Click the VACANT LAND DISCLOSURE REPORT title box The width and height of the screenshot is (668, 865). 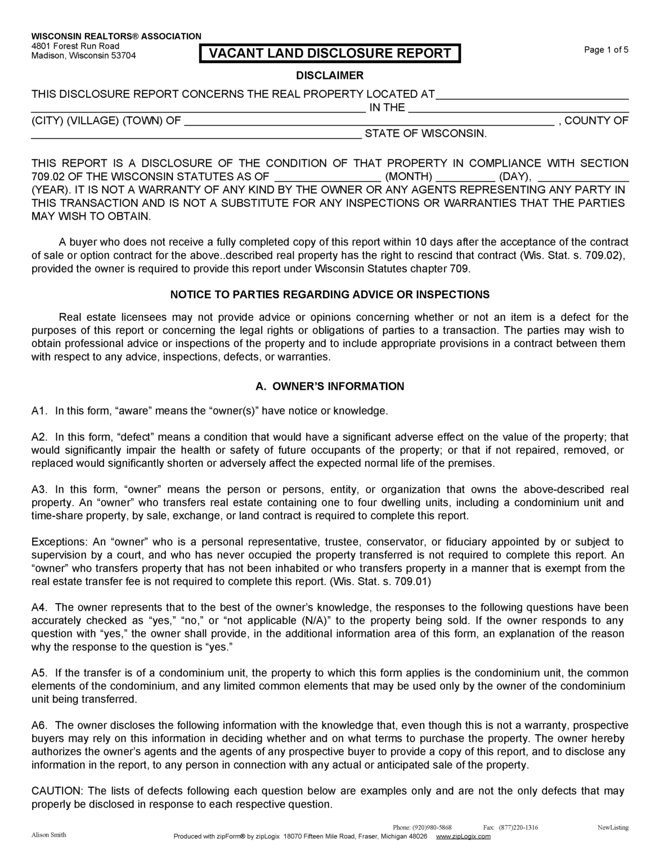tap(330, 53)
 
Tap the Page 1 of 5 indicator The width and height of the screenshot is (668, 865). tap(606, 50)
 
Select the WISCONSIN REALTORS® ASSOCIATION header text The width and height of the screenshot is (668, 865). tap(116, 36)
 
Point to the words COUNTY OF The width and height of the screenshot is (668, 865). tap(596, 121)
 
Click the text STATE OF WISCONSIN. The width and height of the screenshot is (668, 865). tap(425, 134)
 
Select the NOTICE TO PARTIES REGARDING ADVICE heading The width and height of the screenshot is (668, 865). tap(330, 295)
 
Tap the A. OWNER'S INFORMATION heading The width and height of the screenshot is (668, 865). tap(330, 386)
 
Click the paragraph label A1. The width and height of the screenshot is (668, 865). tap(38, 411)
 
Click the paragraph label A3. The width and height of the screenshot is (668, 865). tap(38, 489)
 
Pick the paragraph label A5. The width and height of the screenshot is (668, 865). tap(38, 673)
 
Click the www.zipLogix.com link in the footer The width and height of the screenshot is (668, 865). tap(463, 836)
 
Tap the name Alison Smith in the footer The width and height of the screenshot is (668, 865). tap(48, 835)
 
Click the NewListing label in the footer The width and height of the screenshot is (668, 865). tap(613, 827)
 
